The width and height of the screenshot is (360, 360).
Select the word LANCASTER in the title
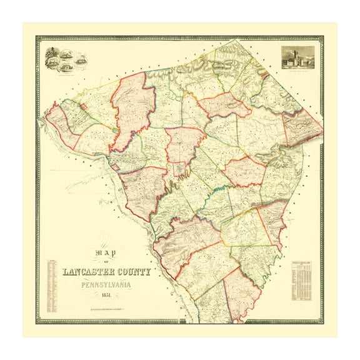tap(87, 272)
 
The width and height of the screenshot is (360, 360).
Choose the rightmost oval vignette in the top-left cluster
tap(81, 60)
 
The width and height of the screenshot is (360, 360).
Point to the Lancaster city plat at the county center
tap(181, 168)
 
